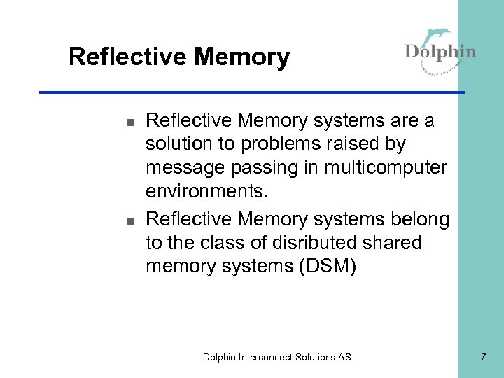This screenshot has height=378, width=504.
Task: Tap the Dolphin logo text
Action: point(440,52)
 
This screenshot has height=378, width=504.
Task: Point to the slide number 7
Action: point(482,357)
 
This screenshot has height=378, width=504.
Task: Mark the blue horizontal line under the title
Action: point(252,92)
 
